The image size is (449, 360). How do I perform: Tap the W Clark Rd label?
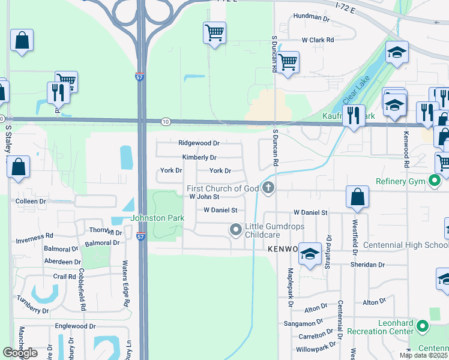(318, 40)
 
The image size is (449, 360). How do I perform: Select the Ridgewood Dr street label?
(199, 143)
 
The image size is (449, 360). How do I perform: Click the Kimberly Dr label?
(199, 158)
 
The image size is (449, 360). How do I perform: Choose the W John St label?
(205, 197)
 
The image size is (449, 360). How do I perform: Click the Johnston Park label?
(157, 218)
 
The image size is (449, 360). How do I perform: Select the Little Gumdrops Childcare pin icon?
(236, 229)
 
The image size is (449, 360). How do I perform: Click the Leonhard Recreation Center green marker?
(422, 326)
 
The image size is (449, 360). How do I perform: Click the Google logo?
(20, 353)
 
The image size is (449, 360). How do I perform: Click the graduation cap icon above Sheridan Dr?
(310, 254)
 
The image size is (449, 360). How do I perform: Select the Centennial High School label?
(411, 245)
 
